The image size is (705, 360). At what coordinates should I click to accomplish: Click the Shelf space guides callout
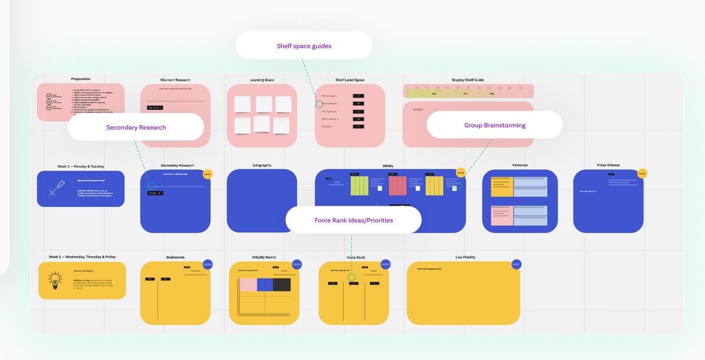point(304,46)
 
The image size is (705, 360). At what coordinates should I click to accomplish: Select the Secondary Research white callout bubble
point(136,127)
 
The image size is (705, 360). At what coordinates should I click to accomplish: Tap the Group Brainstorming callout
point(494,125)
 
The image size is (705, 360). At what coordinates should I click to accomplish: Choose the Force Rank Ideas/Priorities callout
point(353,220)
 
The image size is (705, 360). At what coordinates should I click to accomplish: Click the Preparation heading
point(81,78)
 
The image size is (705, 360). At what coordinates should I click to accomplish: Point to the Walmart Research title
point(175,80)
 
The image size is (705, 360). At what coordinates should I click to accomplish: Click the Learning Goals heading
point(262,80)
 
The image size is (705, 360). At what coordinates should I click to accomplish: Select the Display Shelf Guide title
point(468,80)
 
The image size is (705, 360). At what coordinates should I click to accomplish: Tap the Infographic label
point(262,165)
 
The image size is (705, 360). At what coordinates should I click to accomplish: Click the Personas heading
point(520,165)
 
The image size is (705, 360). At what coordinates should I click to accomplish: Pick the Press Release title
point(608,165)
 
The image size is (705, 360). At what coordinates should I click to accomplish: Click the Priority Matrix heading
point(264,257)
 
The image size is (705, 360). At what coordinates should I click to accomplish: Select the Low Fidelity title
point(465,257)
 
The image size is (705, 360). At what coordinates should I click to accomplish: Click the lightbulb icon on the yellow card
point(55,280)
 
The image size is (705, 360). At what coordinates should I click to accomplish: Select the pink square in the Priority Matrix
point(248,284)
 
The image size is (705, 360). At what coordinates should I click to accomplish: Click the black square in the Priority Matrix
point(282,284)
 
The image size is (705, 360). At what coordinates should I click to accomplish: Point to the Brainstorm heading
point(175,257)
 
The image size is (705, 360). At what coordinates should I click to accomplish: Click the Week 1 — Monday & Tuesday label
point(81,166)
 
